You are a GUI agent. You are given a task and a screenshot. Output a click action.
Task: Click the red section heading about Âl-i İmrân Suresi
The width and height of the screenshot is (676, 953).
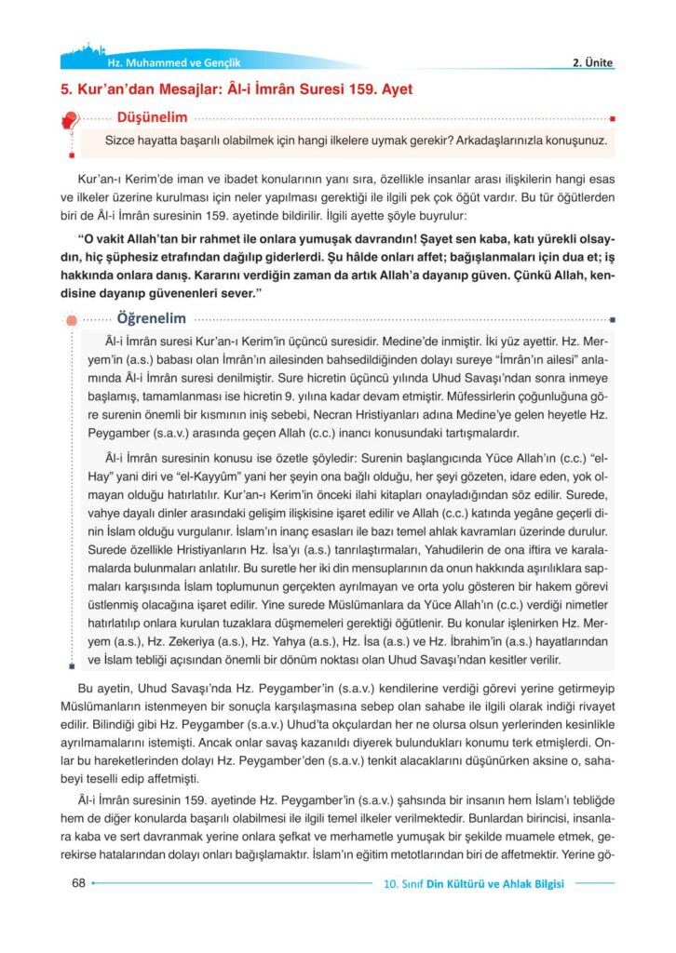[237, 90]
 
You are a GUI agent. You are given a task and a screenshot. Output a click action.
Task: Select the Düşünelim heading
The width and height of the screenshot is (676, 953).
[151, 117]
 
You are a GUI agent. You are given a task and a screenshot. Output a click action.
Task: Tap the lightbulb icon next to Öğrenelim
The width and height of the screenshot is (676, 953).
[71, 320]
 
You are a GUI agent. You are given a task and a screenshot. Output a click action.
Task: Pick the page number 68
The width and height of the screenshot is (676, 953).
[78, 883]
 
